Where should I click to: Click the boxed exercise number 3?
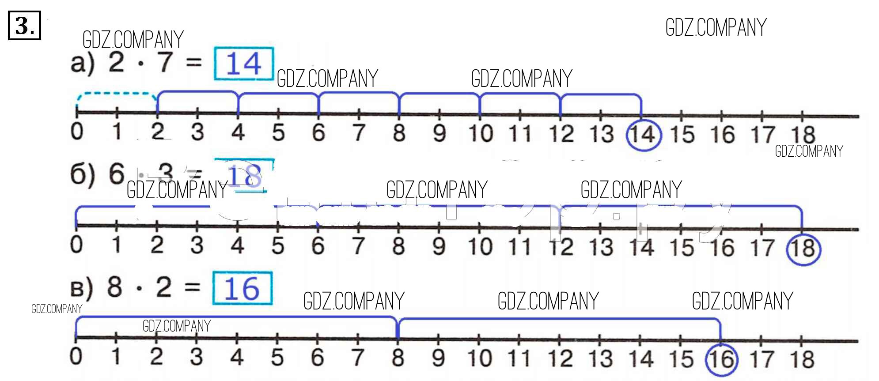[24, 26]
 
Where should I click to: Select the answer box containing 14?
[244, 64]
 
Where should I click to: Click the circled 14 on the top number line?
[644, 134]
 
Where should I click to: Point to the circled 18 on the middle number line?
[803, 249]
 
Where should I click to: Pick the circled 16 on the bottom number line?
[721, 359]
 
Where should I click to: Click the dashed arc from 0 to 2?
[117, 94]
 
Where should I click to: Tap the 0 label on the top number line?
[77, 132]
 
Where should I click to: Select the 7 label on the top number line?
[359, 132]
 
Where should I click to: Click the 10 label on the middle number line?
[480, 246]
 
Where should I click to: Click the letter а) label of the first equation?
[82, 63]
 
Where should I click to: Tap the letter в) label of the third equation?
[81, 288]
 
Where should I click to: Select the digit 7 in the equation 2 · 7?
[165, 62]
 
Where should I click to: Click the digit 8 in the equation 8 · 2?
[114, 287]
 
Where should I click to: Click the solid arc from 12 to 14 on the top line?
[601, 95]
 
